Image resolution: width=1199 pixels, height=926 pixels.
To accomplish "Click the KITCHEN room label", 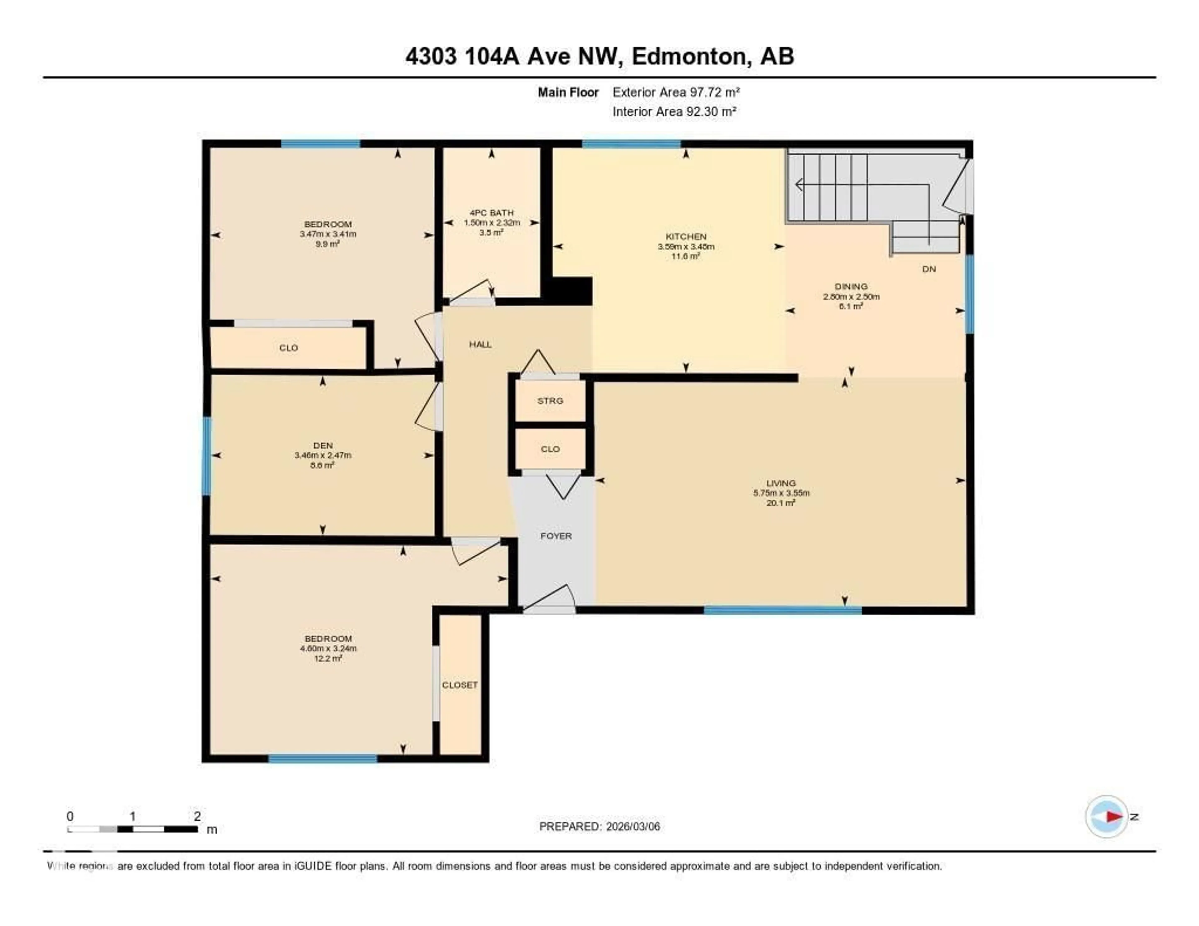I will pos(686,237).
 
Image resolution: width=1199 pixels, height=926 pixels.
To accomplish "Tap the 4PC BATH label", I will pos(491,212).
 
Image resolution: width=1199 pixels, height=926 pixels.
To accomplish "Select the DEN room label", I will pos(323,445).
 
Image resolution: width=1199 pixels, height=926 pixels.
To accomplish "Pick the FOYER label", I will pos(555,536).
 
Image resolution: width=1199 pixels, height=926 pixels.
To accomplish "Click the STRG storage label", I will pos(550,401).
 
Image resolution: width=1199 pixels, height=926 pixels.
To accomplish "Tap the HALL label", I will pos(480,344).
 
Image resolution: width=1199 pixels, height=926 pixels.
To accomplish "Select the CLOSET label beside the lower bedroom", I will pos(460,685).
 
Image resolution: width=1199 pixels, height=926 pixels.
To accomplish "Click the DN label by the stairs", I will pos(929,269).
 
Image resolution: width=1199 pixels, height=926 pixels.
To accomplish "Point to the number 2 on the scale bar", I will pos(197,816).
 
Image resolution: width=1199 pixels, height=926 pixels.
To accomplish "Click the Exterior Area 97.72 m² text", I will pos(676,92).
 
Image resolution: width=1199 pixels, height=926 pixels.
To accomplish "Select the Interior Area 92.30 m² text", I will pos(674,111).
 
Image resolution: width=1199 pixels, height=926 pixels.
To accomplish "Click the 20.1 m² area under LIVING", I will pos(781,503).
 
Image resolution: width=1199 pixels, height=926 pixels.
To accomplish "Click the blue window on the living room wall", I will pos(782,610).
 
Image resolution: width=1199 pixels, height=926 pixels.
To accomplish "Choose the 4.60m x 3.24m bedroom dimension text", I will pos(328,648).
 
